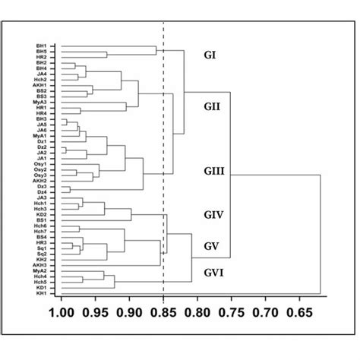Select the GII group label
(x=213, y=107)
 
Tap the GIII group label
(x=213, y=172)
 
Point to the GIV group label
(x=213, y=216)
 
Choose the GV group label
(x=212, y=247)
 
